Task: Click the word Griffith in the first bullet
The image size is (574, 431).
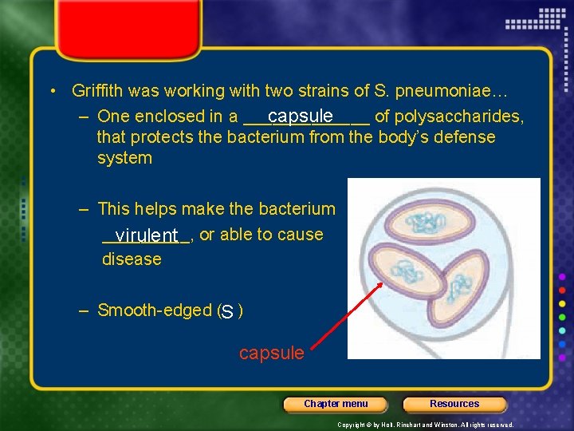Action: coord(98,91)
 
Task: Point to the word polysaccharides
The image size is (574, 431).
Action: coord(458,117)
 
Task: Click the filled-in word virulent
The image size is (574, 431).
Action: coord(146,235)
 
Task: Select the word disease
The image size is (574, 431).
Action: coord(132,259)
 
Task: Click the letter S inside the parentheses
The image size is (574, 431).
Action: coord(228,311)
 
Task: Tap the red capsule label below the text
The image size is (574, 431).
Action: coord(271,353)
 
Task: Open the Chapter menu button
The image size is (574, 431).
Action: coord(336,404)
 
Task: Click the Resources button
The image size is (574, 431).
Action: coord(454,404)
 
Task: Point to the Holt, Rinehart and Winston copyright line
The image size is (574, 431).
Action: coord(425,425)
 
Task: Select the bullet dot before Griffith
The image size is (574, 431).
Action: coord(52,92)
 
